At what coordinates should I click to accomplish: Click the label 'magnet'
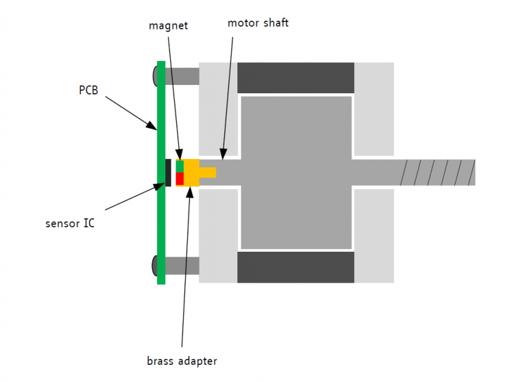[168, 25]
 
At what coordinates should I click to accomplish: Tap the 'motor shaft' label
[258, 23]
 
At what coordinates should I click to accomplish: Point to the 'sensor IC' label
[70, 223]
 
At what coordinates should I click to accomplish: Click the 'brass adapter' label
[182, 361]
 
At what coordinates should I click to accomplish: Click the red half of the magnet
[180, 178]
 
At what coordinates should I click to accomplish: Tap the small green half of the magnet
[180, 166]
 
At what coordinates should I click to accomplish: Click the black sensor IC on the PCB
[169, 172]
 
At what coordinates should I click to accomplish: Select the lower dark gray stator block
[296, 267]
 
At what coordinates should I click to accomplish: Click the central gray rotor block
[296, 172]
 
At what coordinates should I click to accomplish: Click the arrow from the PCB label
[130, 111]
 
